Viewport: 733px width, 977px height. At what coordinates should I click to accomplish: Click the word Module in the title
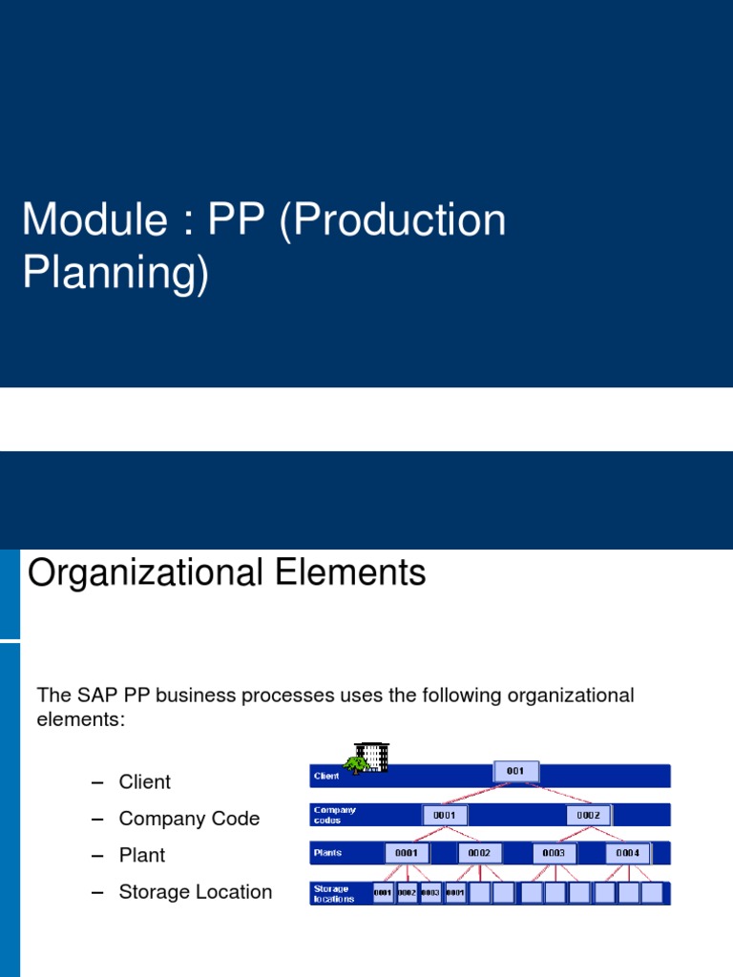[83, 220]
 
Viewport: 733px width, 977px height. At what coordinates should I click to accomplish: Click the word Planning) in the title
[115, 274]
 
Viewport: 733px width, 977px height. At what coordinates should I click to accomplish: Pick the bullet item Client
[144, 781]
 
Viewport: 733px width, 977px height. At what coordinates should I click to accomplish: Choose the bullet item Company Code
[188, 819]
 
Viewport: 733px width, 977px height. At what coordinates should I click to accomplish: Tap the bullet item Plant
[141, 855]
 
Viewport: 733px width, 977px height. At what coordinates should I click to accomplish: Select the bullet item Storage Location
[195, 892]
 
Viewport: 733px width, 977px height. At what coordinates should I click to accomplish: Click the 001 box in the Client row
[516, 771]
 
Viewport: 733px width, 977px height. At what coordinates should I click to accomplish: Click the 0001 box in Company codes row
[445, 816]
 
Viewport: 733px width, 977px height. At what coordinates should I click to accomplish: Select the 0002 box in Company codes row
[589, 816]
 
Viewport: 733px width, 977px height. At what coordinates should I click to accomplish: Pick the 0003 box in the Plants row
[554, 853]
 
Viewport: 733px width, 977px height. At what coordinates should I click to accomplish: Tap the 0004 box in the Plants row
[627, 853]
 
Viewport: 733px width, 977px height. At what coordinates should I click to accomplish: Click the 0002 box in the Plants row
[479, 853]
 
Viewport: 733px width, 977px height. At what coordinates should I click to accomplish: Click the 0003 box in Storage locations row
[430, 893]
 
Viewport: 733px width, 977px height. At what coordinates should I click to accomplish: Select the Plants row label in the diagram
[328, 853]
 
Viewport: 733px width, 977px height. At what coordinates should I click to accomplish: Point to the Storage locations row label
[334, 894]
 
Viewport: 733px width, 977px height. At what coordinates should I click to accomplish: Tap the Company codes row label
[334, 815]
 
